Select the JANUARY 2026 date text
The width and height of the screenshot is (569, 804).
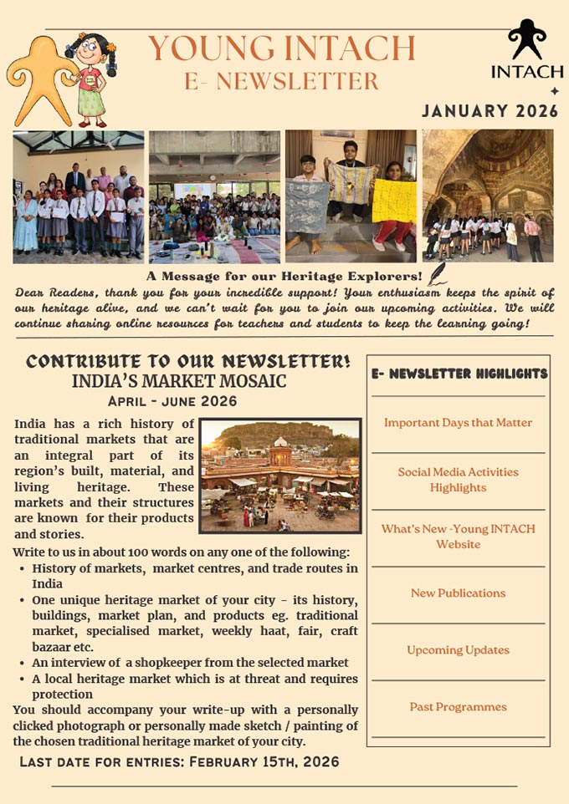click(x=490, y=110)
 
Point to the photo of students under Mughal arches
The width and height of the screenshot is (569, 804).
click(x=488, y=196)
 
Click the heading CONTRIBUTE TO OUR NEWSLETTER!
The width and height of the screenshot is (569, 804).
click(x=188, y=361)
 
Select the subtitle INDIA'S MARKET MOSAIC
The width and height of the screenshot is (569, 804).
click(x=179, y=381)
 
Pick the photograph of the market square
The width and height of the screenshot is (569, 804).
click(x=280, y=476)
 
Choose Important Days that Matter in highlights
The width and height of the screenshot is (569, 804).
click(x=458, y=423)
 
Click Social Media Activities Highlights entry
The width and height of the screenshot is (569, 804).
click(x=458, y=480)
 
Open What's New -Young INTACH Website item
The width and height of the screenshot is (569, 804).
click(x=458, y=537)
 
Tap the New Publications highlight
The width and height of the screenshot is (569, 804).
click(x=458, y=593)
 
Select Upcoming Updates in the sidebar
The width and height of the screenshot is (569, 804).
click(x=458, y=650)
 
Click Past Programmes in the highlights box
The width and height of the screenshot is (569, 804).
click(x=458, y=707)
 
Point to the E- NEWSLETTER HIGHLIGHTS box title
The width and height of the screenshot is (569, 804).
click(x=459, y=374)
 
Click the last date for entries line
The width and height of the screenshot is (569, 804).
click(x=179, y=762)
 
